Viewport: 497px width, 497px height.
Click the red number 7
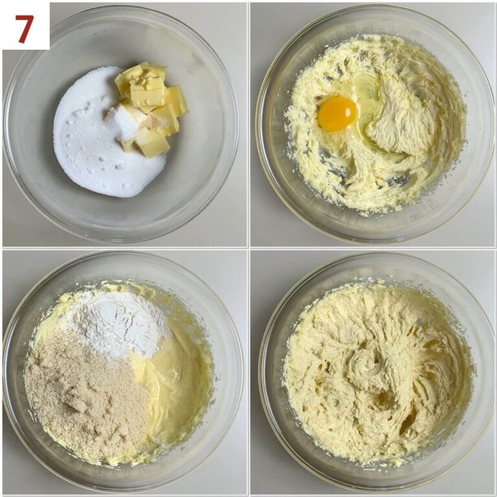25,29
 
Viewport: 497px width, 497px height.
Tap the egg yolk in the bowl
337,114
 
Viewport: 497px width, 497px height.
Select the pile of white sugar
105,133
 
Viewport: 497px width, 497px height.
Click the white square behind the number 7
25,25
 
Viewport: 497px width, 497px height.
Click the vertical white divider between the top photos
248,124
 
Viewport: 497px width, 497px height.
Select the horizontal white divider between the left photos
124,248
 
